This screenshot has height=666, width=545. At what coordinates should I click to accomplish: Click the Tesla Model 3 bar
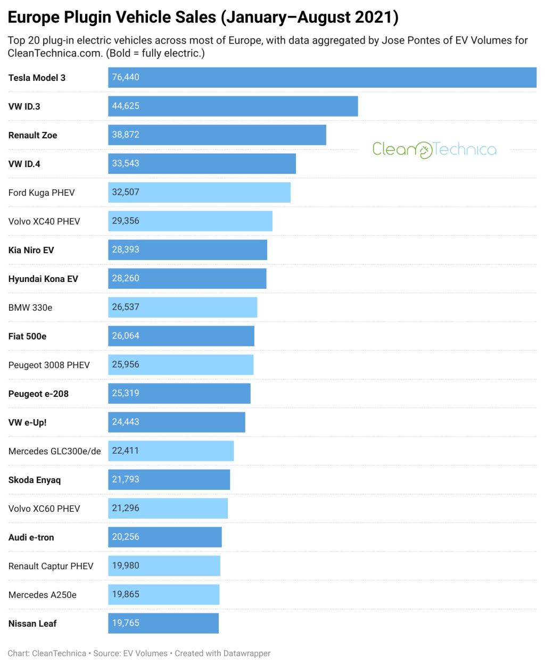(322, 78)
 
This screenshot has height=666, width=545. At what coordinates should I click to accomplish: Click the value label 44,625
(126, 106)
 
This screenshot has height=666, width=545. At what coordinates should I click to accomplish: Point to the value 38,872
(126, 135)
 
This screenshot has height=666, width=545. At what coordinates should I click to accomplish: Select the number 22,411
(126, 451)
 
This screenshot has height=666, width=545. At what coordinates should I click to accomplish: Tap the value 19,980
(126, 566)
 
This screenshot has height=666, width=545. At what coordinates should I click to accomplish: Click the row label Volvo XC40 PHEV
(44, 221)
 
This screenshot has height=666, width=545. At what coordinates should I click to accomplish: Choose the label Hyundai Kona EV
(43, 279)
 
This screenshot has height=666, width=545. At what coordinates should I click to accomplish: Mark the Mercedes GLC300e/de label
(54, 451)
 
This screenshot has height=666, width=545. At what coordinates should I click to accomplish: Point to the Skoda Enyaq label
(35, 480)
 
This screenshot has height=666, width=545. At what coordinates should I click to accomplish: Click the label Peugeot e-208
(38, 394)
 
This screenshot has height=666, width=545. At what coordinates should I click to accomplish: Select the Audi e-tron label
(31, 537)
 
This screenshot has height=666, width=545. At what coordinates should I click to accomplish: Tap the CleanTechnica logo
(434, 149)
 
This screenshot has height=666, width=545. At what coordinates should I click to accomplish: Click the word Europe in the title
(34, 17)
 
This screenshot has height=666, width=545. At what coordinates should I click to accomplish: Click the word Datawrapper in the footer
(247, 653)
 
